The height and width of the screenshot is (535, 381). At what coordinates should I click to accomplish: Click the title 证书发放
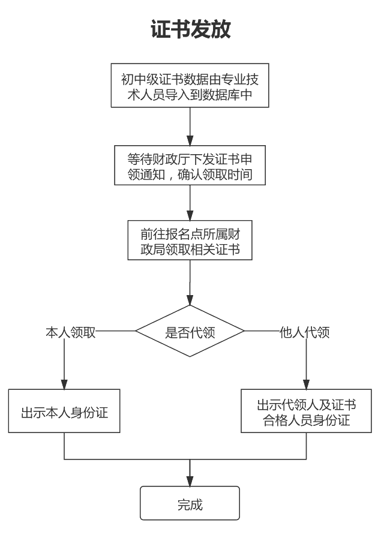click(x=190, y=29)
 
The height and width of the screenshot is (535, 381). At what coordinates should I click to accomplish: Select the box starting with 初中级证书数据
click(x=190, y=86)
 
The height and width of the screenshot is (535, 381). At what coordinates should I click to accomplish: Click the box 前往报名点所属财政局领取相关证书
click(x=190, y=241)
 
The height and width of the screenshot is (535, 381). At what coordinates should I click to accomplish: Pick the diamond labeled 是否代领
click(x=190, y=331)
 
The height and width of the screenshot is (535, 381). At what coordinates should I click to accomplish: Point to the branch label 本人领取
click(x=70, y=332)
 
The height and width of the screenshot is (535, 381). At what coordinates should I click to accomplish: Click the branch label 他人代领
click(x=305, y=332)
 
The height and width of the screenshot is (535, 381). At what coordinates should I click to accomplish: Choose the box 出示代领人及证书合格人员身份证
click(x=307, y=411)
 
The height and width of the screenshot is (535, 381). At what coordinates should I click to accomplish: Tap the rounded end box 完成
click(x=190, y=503)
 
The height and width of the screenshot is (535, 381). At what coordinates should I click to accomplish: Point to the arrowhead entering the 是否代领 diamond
click(x=190, y=299)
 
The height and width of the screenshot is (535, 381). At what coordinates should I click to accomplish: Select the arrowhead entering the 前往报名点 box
click(x=190, y=215)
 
